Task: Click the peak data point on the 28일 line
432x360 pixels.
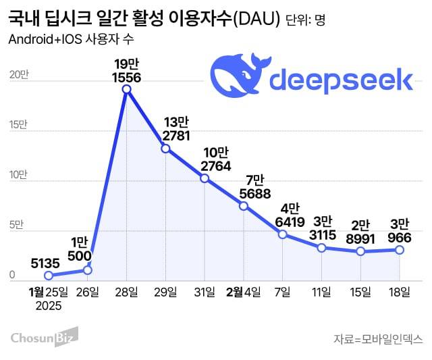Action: (126, 90)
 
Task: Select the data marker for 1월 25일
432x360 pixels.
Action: (48, 276)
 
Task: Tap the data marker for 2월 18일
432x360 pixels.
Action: (400, 250)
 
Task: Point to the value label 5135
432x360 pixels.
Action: (46, 262)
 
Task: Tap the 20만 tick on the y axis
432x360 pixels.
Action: (18, 76)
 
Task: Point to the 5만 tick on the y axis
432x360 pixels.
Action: (16, 225)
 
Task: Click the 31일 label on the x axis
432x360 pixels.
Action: (205, 292)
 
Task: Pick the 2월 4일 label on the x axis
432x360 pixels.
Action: (243, 292)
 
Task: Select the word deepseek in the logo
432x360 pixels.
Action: (341, 80)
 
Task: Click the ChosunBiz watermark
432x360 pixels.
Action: (44, 336)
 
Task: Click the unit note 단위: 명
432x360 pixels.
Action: (306, 20)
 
